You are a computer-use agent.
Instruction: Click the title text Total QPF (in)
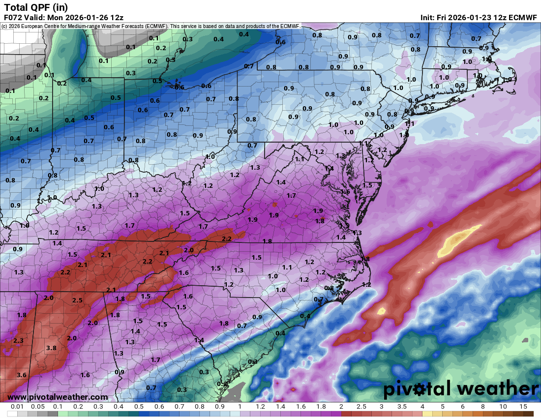(36, 7)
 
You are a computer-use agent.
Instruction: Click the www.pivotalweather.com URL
(58, 397)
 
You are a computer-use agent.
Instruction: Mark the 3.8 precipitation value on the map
(51, 348)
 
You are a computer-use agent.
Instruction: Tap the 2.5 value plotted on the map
(77, 300)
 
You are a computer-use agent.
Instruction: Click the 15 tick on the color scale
(523, 407)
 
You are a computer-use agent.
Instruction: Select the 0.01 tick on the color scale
(18, 407)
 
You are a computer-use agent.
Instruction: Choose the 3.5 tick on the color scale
(402, 407)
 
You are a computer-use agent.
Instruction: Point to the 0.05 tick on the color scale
(38, 407)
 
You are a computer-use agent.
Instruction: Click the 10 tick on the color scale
(503, 407)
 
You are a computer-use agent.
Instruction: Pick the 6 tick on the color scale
(463, 407)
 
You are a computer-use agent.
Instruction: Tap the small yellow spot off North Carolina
(381, 311)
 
